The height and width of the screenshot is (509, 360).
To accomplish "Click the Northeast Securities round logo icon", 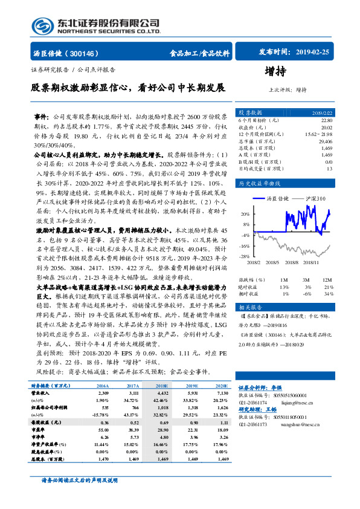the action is click(41, 27).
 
